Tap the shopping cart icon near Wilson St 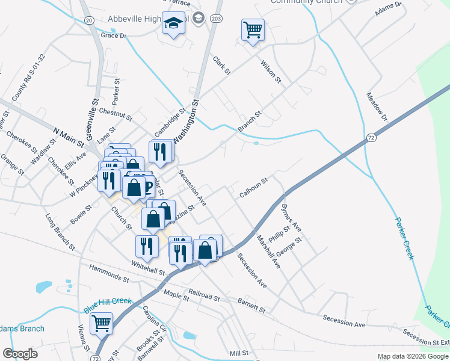[253, 29]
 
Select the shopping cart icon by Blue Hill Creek [101, 323]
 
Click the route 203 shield [216, 19]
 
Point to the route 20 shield [89, 20]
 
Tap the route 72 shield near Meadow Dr [372, 138]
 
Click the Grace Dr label [114, 36]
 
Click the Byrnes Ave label [291, 220]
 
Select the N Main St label [68, 136]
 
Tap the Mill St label [239, 354]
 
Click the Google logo [20, 354]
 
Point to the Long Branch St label [60, 230]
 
